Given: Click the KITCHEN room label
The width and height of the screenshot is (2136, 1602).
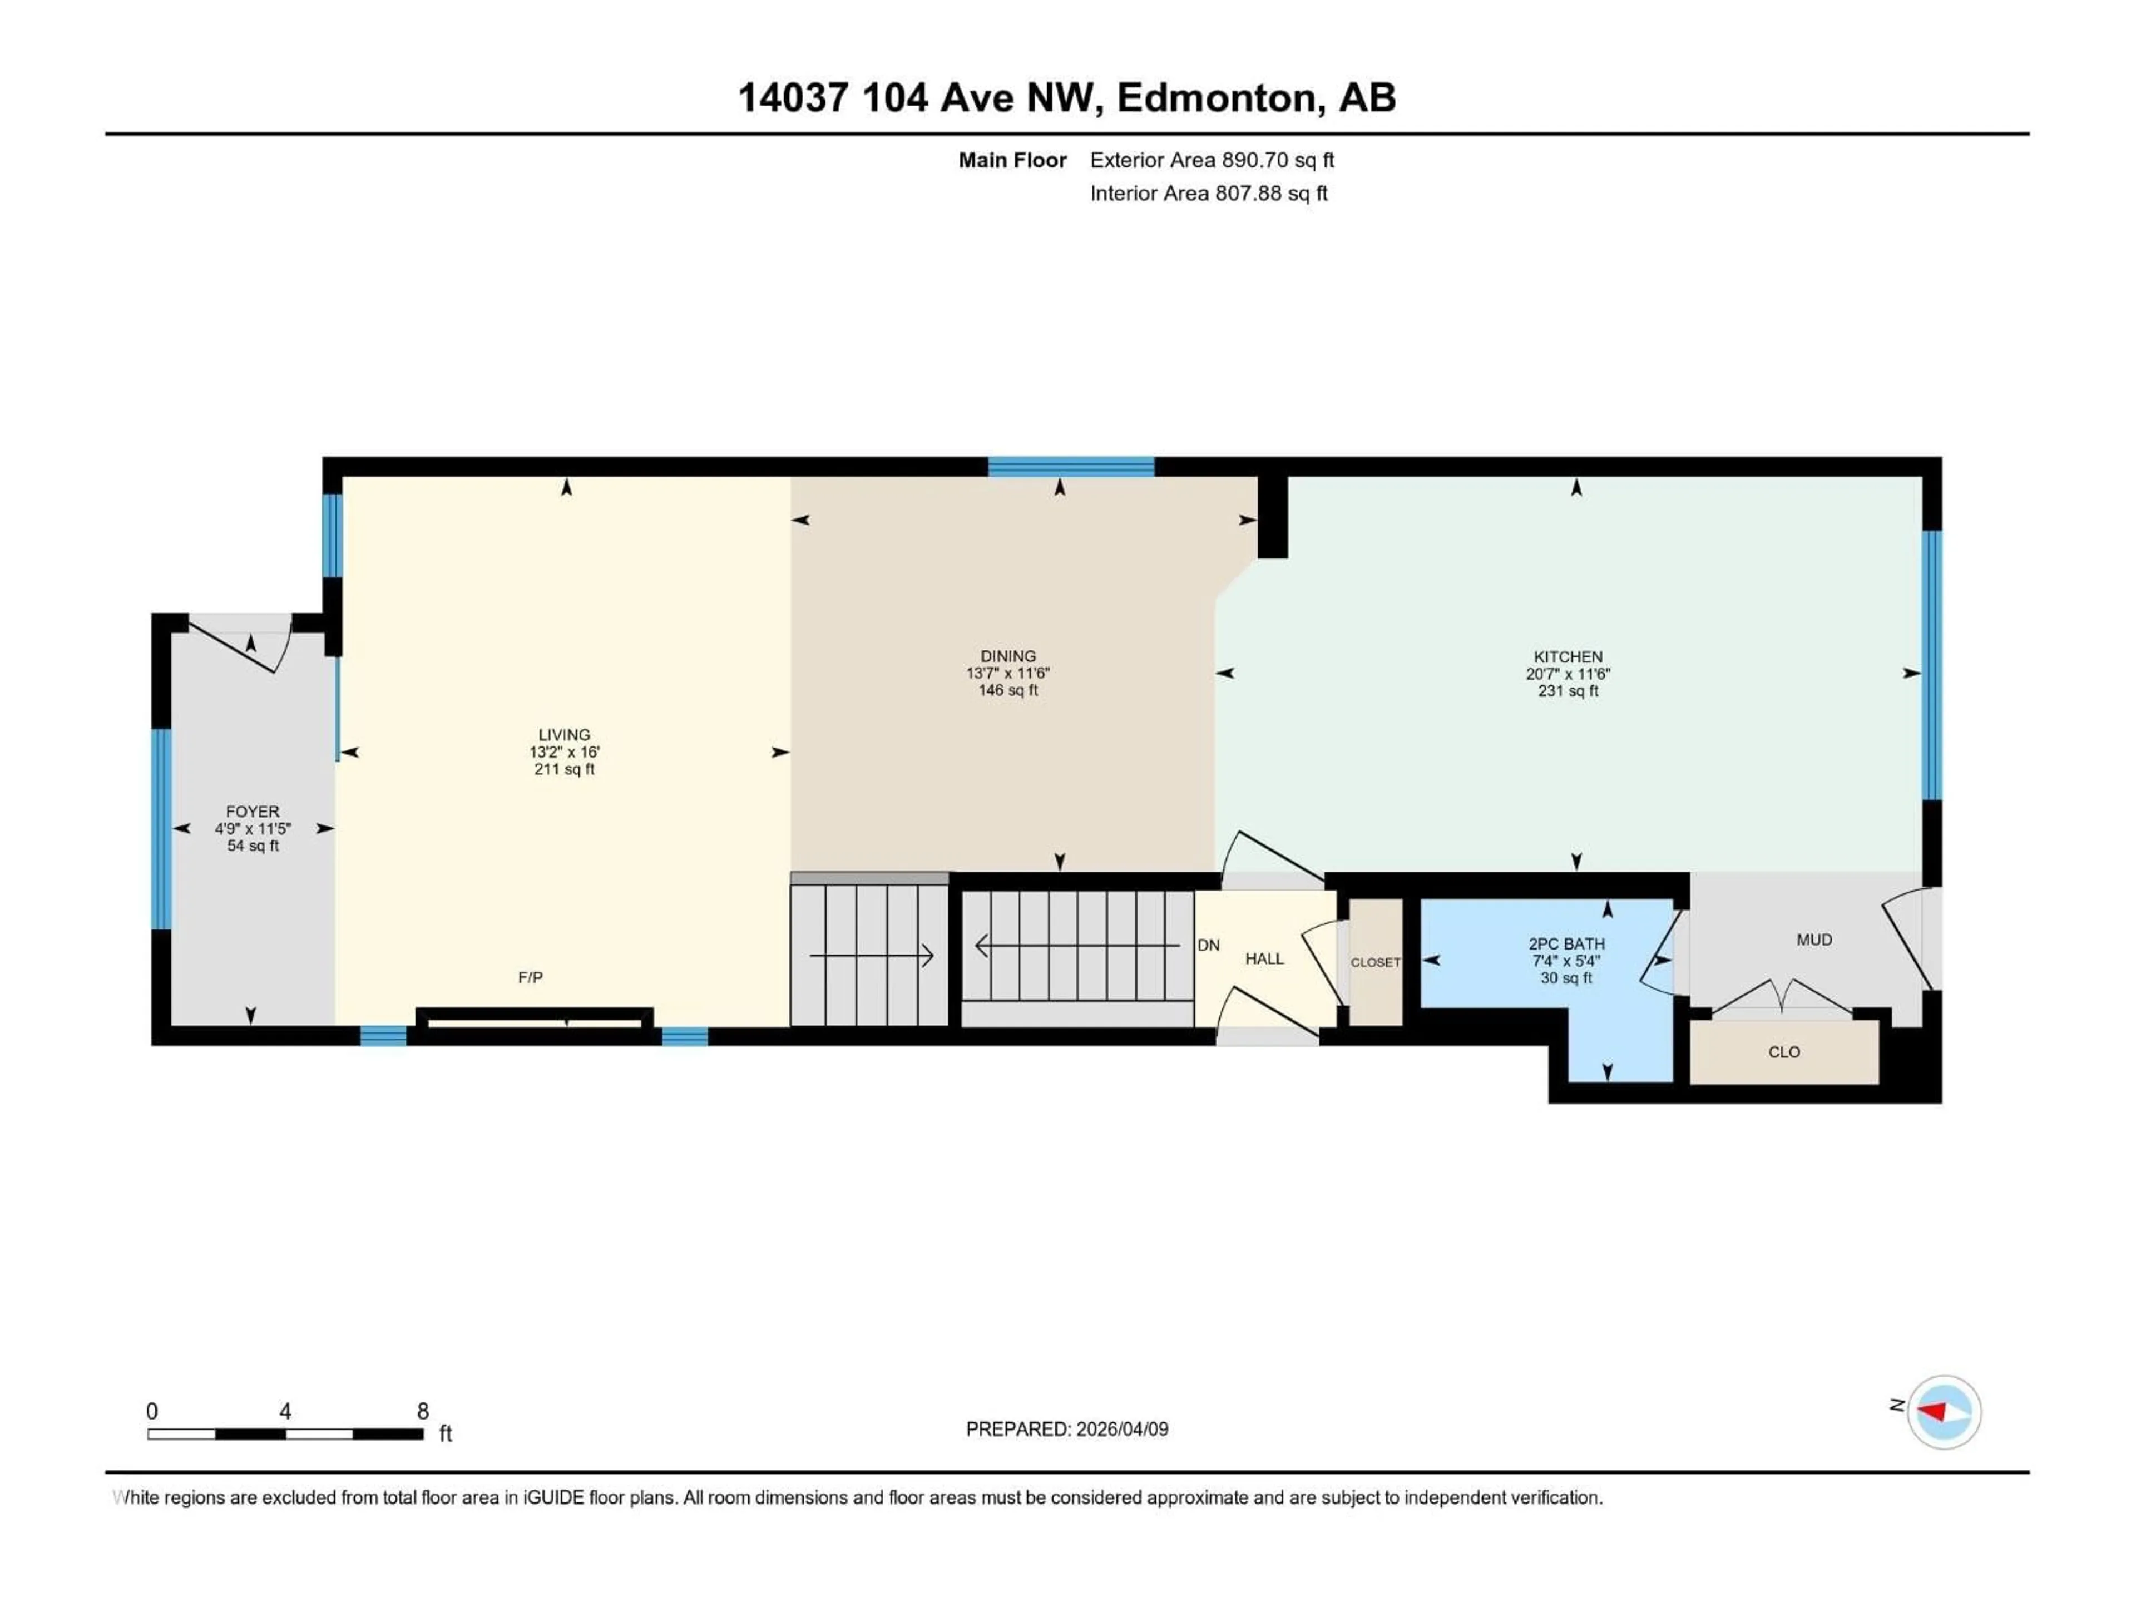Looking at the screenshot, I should tap(1568, 656).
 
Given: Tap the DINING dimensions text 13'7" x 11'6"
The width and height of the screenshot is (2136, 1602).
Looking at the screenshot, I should tap(1007, 673).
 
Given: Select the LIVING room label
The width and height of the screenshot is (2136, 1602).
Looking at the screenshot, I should tap(564, 735).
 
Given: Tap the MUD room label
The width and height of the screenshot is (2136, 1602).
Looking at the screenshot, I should tap(1813, 940).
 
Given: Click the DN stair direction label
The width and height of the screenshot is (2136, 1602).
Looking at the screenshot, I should tap(1208, 946).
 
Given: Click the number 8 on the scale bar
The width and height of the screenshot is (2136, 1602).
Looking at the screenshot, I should tap(422, 1411).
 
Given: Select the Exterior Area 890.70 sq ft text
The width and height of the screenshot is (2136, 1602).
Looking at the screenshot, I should tap(1212, 160).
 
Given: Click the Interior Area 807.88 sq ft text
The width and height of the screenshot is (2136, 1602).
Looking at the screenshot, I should tap(1208, 193).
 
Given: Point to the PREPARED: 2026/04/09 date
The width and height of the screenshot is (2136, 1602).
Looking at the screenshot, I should tap(1066, 1429).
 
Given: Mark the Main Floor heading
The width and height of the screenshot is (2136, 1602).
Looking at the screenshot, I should tap(1012, 160).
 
